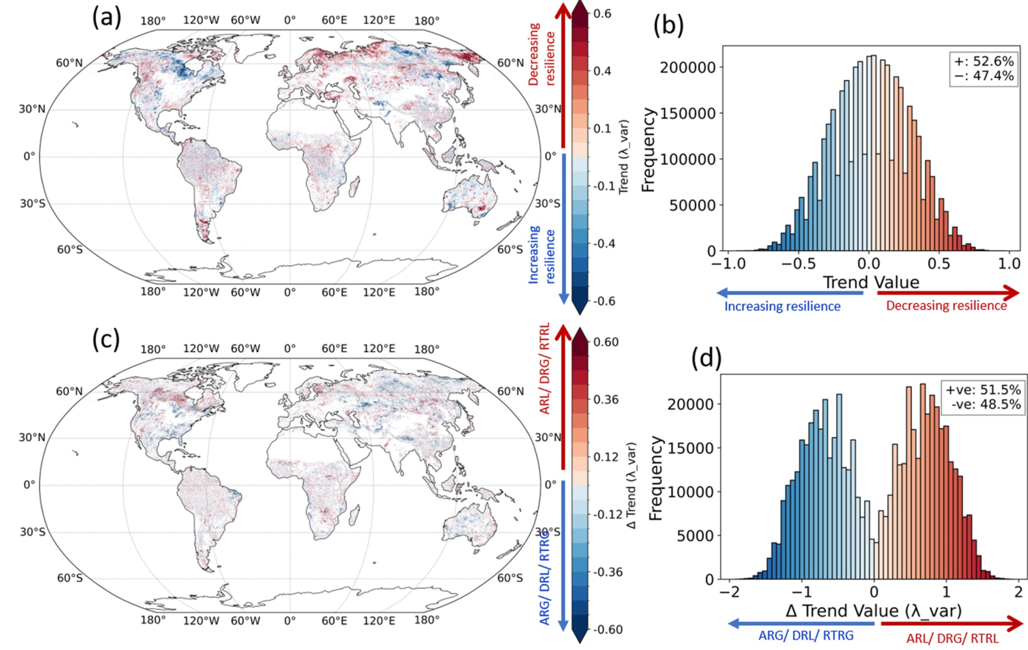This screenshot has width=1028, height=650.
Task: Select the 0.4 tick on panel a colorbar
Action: (x=602, y=71)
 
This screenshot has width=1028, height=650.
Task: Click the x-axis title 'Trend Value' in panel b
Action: (x=871, y=282)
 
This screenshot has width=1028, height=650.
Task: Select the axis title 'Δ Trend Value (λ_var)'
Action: (x=874, y=611)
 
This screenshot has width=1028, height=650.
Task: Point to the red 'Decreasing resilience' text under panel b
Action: (x=947, y=306)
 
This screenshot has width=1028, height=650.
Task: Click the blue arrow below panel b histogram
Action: (x=790, y=293)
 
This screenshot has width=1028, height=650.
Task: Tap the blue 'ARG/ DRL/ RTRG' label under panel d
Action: (x=806, y=636)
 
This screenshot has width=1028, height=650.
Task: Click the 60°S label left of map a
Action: (x=69, y=249)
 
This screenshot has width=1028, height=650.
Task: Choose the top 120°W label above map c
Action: (x=201, y=348)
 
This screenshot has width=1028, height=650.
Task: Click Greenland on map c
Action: (x=252, y=376)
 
